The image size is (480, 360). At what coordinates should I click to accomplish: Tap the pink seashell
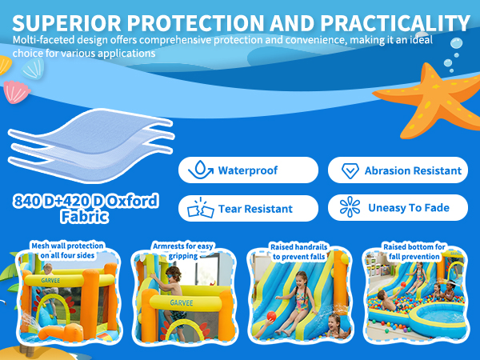tap(16, 91)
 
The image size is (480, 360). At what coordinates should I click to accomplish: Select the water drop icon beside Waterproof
tap(201, 170)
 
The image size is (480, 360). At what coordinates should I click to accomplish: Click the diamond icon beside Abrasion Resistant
tap(350, 170)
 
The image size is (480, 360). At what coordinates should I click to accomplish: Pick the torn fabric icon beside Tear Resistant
tap(201, 207)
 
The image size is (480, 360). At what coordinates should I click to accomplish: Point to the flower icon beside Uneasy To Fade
tap(350, 206)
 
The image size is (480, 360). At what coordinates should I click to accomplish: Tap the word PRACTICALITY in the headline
tap(395, 23)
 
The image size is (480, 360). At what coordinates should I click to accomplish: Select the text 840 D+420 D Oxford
tap(86, 201)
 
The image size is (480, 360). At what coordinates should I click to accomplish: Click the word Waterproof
tap(248, 170)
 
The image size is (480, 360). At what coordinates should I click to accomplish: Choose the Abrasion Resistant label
tap(413, 170)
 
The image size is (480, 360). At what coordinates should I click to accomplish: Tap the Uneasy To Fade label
tap(409, 207)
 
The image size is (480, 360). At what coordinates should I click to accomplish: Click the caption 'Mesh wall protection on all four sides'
tap(67, 250)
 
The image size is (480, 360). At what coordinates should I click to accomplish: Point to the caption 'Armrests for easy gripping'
tap(182, 250)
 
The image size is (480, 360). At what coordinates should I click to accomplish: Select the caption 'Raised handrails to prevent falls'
tap(298, 251)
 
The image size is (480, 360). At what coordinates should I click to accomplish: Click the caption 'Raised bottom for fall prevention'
tap(414, 251)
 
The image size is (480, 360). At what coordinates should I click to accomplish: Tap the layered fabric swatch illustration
tap(91, 146)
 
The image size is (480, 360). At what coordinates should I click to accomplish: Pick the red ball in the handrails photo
tap(271, 316)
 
